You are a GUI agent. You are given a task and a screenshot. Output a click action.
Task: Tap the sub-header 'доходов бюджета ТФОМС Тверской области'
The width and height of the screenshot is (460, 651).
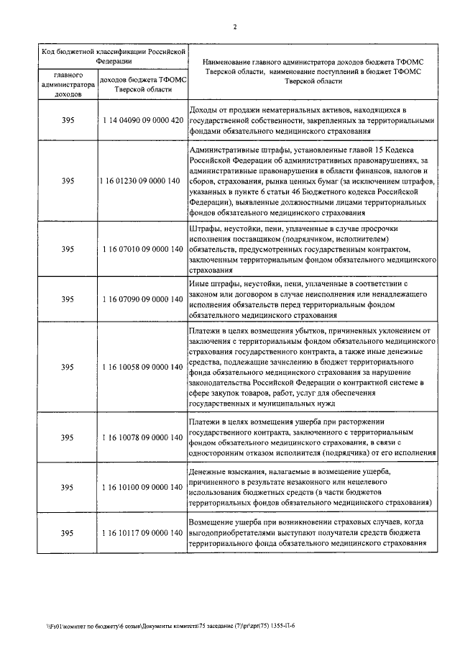click(142, 83)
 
